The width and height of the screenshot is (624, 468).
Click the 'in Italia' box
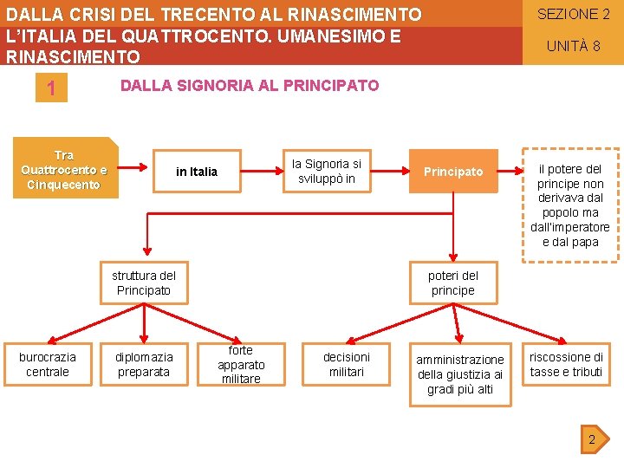coord(197,172)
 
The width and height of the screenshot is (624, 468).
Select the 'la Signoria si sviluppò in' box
coord(327,171)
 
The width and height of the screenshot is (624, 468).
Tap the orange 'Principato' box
coord(453,172)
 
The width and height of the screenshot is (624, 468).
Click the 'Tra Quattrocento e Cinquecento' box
coord(64,170)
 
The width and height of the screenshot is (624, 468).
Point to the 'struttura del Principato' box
coord(144,283)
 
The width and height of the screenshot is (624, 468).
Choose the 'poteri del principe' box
coord(452,283)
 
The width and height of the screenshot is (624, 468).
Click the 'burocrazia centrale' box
coord(48,364)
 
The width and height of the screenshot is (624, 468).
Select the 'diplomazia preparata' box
coord(144,364)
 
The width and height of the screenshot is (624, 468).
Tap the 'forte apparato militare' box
coord(241,364)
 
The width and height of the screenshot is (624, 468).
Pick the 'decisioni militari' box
coord(346,364)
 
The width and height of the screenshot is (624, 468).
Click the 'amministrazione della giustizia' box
coord(460,374)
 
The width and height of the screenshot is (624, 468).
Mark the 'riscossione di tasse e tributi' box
coord(566,364)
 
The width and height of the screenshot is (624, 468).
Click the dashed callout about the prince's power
coord(570,205)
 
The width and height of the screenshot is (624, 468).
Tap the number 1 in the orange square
coord(51,89)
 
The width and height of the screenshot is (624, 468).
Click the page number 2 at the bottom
coord(592,439)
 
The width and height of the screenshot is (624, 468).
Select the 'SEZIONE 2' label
coord(573,14)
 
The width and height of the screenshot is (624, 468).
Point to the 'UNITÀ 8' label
coord(573,46)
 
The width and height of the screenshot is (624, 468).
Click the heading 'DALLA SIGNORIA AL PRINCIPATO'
coord(249,86)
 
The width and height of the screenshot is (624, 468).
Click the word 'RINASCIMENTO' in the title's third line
coord(73,57)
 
